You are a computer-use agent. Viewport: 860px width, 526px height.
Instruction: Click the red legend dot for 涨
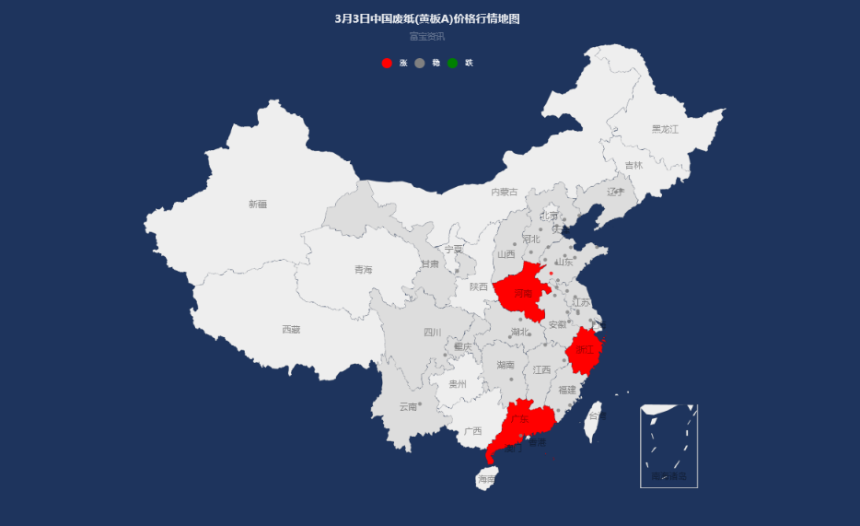pyautogui.click(x=387, y=63)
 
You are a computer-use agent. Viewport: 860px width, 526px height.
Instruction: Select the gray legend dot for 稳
pyautogui.click(x=420, y=63)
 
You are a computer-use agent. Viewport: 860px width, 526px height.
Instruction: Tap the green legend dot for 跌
pyautogui.click(x=453, y=63)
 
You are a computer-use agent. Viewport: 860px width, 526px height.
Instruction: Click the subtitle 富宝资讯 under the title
pyautogui.click(x=427, y=37)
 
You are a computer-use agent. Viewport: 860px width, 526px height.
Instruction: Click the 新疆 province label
pyautogui.click(x=258, y=205)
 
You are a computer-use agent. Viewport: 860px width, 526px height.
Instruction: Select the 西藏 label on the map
pyautogui.click(x=291, y=329)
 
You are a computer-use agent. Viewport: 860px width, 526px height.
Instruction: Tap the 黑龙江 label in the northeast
pyautogui.click(x=665, y=130)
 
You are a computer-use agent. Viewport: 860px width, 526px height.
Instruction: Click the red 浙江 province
pyautogui.click(x=585, y=350)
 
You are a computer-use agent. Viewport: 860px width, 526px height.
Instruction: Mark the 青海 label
pyautogui.click(x=364, y=270)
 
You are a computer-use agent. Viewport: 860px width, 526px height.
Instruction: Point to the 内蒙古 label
pyautogui.click(x=504, y=193)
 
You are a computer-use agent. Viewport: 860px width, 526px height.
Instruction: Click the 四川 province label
pyautogui.click(x=433, y=333)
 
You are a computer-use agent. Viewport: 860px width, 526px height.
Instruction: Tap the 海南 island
pyautogui.click(x=486, y=478)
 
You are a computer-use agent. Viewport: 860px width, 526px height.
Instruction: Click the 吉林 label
pyautogui.click(x=633, y=166)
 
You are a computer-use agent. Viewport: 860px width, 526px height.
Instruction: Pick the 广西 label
pyautogui.click(x=473, y=431)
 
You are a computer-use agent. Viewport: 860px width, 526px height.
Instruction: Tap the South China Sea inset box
pyautogui.click(x=668, y=445)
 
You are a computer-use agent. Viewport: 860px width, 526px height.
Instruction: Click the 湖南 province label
pyautogui.click(x=506, y=366)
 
